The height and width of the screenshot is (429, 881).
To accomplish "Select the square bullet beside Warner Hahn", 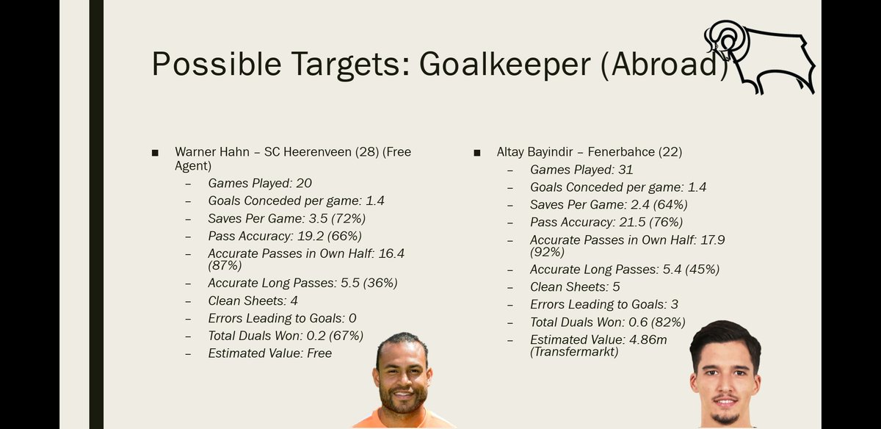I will click(x=155, y=153).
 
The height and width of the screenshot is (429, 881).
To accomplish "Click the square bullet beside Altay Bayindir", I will click(x=478, y=153).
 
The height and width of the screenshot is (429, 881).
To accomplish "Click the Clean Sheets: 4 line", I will click(x=253, y=300).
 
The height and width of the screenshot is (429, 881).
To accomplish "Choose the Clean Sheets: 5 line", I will click(x=575, y=286).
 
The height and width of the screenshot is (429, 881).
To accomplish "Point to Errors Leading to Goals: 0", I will click(x=282, y=318).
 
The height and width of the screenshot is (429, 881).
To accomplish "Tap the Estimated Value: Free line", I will click(x=269, y=353).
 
